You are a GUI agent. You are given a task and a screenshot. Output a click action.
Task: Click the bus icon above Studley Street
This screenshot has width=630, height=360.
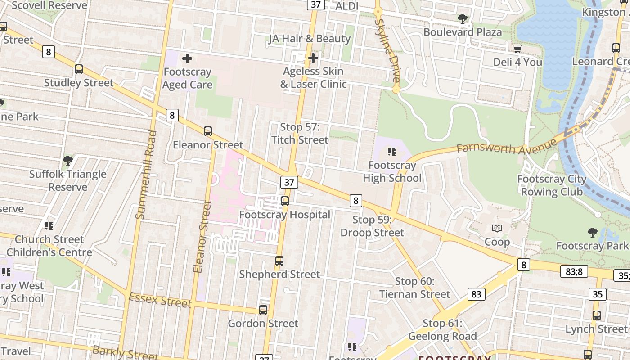(79, 69)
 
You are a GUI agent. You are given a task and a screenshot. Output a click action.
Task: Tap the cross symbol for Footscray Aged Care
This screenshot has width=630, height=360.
(187, 58)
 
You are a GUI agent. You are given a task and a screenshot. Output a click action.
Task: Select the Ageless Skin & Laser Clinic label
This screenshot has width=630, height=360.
(313, 78)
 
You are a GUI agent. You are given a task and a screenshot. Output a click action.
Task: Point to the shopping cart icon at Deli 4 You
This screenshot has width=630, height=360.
(517, 49)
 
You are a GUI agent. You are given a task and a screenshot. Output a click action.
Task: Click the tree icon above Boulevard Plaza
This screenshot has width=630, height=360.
(462, 19)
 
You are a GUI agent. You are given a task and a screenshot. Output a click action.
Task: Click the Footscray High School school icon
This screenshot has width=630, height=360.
(392, 152)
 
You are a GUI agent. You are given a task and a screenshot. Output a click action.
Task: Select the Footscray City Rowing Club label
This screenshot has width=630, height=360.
(552, 185)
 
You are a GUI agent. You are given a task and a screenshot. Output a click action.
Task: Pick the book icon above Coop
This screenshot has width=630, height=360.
(497, 229)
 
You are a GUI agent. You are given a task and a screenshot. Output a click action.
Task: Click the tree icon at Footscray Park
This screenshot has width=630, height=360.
(592, 233)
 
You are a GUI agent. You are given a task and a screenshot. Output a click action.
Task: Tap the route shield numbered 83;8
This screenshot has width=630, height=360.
(574, 271)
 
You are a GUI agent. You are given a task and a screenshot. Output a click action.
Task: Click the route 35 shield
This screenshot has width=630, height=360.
(597, 294)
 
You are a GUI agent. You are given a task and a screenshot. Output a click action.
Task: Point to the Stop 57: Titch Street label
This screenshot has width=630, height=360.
(300, 134)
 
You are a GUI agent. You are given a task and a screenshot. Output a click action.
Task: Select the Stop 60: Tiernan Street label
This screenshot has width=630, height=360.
(414, 288)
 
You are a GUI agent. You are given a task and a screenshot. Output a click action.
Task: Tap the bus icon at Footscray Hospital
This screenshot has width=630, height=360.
(285, 201)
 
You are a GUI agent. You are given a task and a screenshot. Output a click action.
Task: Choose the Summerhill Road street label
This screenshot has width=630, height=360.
(146, 175)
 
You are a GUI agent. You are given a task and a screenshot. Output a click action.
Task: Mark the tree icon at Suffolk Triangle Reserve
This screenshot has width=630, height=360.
(67, 160)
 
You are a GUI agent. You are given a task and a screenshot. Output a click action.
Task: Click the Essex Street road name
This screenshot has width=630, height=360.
(160, 300)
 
